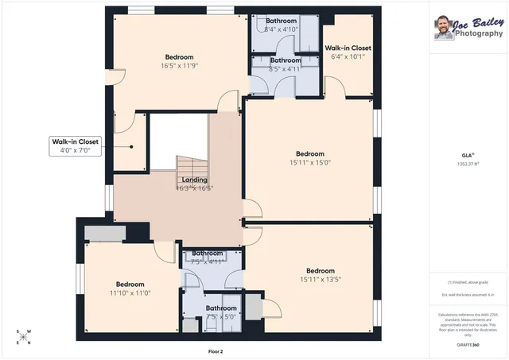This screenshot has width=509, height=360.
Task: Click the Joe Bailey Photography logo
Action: [468, 29]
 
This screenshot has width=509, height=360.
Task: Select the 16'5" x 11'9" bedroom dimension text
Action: [179, 67]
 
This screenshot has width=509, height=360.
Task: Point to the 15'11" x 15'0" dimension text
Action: [310, 163]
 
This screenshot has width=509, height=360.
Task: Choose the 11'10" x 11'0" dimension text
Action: [130, 293]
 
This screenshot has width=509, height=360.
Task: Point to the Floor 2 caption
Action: [215, 350]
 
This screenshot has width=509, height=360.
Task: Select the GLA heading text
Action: [468, 154]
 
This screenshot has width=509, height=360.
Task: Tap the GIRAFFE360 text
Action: [468, 345]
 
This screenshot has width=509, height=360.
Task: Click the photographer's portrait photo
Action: [441, 29]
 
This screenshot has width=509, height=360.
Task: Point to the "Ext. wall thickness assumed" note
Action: [468, 295]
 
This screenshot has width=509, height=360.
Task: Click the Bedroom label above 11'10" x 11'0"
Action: [130, 285]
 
